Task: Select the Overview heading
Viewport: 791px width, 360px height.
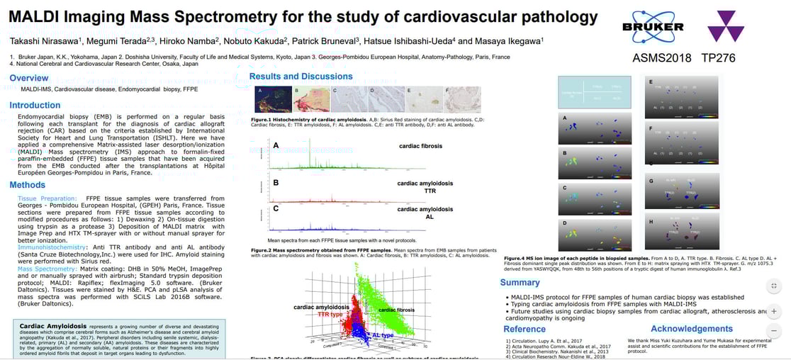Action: [x=29, y=79]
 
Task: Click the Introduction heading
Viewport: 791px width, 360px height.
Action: [x=35, y=106]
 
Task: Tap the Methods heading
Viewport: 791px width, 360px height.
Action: [x=28, y=185]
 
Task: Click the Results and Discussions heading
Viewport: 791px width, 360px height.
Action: [x=301, y=77]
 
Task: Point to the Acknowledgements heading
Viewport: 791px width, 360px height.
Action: [x=691, y=329]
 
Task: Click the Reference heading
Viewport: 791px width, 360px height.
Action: [x=524, y=329]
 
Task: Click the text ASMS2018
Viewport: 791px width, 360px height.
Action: [x=662, y=58]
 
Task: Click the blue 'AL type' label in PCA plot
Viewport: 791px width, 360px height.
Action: [x=383, y=334]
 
